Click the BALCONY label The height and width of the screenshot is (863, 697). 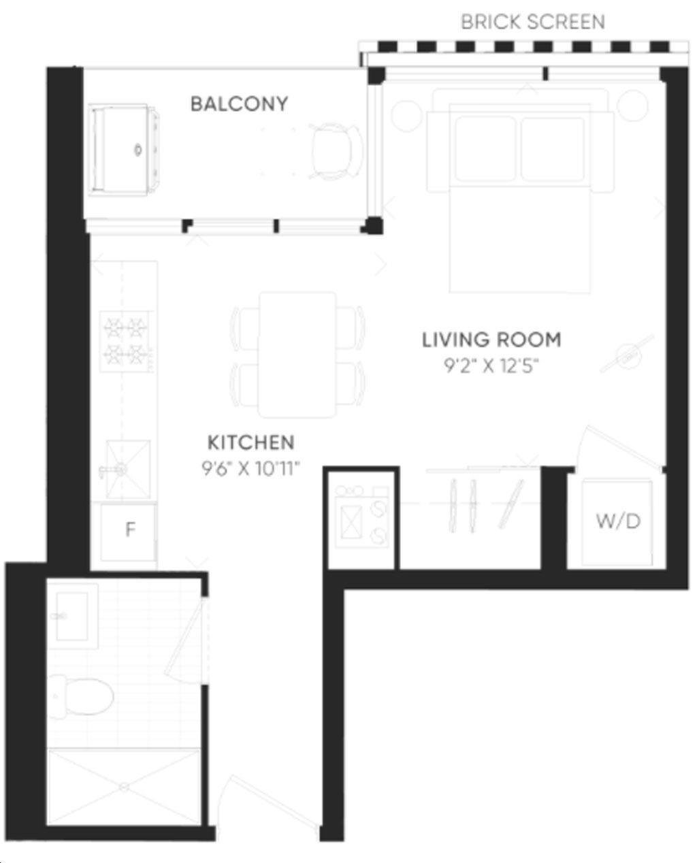coord(239,104)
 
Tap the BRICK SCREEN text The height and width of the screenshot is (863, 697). coord(533,22)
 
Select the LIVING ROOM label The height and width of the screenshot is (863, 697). coord(491,340)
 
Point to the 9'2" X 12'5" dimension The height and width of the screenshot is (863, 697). coord(491,366)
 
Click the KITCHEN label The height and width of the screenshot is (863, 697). coord(251,442)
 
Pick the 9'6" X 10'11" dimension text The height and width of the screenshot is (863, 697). coord(250,469)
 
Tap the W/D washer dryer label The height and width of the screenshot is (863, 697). coord(618,521)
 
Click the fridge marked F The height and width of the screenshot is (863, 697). coord(129,532)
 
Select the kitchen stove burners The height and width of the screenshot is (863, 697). coord(126,341)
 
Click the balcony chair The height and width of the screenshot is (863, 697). coord(336,150)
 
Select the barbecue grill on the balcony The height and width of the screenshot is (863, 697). coord(124,150)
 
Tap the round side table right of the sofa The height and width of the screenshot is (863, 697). coord(632,105)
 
